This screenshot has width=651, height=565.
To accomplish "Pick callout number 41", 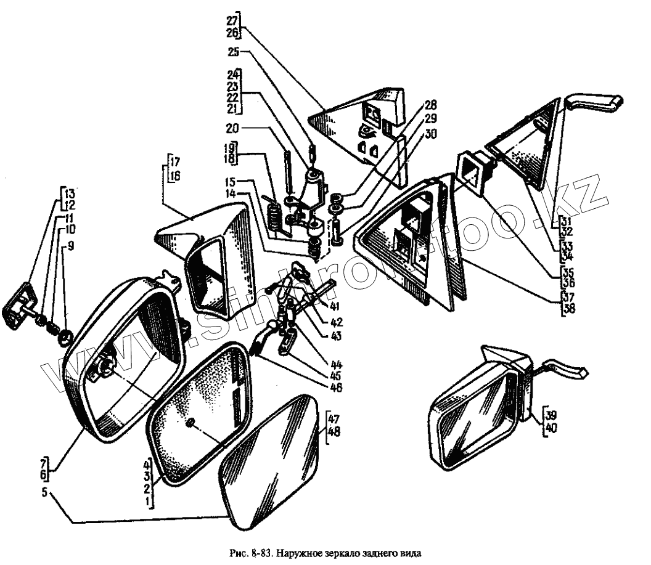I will click(335, 306).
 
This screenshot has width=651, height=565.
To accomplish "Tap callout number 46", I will click(335, 388).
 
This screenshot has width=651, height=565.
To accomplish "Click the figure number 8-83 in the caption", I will click(258, 553).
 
